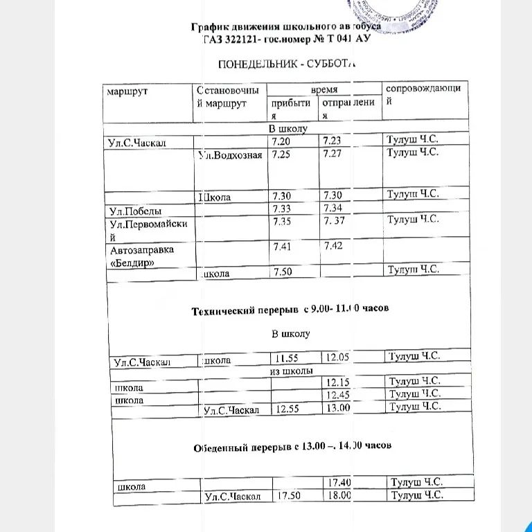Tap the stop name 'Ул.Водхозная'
point(229,154)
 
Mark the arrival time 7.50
point(283,272)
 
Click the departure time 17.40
point(338,482)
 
